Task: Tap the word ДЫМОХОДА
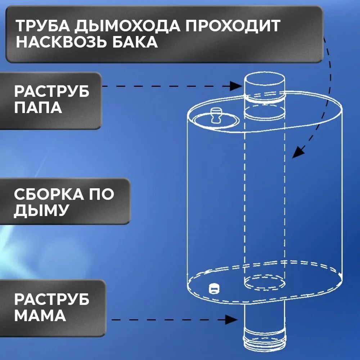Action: point(127,26)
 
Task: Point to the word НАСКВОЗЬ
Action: point(62,42)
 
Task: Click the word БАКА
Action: point(135,42)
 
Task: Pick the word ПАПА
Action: point(38,107)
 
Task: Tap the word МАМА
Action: point(40,315)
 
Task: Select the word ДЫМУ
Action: point(41,211)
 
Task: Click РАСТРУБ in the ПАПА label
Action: point(51,91)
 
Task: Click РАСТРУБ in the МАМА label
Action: point(51,299)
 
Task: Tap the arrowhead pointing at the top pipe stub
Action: point(236,86)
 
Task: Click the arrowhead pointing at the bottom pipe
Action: point(231,320)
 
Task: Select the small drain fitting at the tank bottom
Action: point(214,289)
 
